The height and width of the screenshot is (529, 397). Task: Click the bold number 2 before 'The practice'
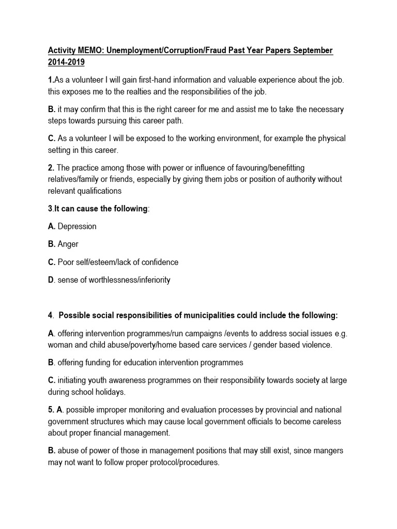50,167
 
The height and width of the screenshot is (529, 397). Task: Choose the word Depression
77,226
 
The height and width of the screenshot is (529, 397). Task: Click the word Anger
68,244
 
